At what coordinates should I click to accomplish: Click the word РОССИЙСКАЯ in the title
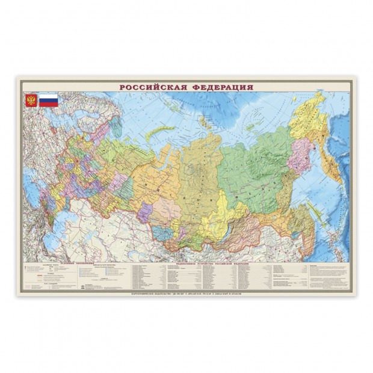153,87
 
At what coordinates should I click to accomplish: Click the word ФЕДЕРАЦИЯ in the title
220,87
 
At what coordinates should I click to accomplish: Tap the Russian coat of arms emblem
31,100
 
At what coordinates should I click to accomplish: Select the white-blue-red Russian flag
49,100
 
